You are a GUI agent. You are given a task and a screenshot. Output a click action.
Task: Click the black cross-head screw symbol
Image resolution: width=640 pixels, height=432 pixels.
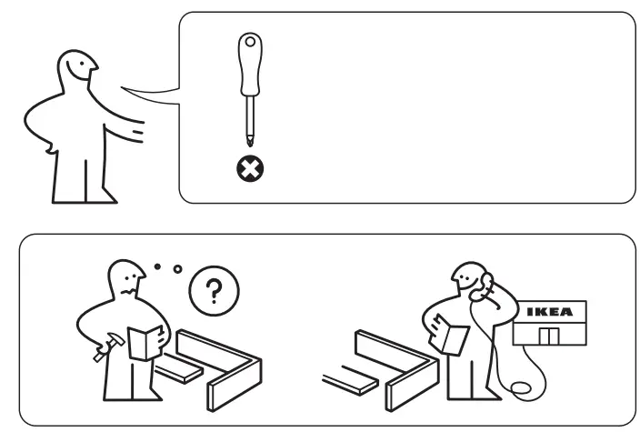point(245,169)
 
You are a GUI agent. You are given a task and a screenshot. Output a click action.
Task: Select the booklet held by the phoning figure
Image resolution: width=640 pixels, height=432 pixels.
point(452,336)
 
